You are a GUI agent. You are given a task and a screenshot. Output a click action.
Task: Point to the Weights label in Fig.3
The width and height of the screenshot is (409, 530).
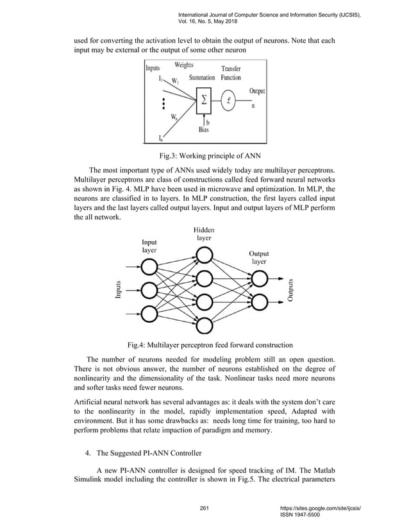click(x=185, y=65)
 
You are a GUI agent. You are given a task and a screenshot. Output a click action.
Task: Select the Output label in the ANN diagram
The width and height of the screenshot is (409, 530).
click(x=256, y=91)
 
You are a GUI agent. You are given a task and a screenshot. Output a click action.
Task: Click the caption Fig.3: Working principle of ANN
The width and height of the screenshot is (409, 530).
click(x=204, y=156)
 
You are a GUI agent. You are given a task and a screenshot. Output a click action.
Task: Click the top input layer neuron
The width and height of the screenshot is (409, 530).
click(x=149, y=266)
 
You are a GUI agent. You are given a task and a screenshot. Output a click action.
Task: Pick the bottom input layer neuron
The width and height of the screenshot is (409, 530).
click(x=149, y=314)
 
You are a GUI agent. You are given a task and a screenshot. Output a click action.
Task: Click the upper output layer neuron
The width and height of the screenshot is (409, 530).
click(x=260, y=278)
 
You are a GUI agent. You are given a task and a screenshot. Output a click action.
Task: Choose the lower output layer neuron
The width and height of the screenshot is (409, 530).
click(x=260, y=302)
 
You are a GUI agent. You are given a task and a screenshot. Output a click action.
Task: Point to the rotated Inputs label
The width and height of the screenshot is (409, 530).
click(x=119, y=291)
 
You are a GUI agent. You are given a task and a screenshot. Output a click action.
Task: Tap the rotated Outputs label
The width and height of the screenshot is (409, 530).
click(x=291, y=291)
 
